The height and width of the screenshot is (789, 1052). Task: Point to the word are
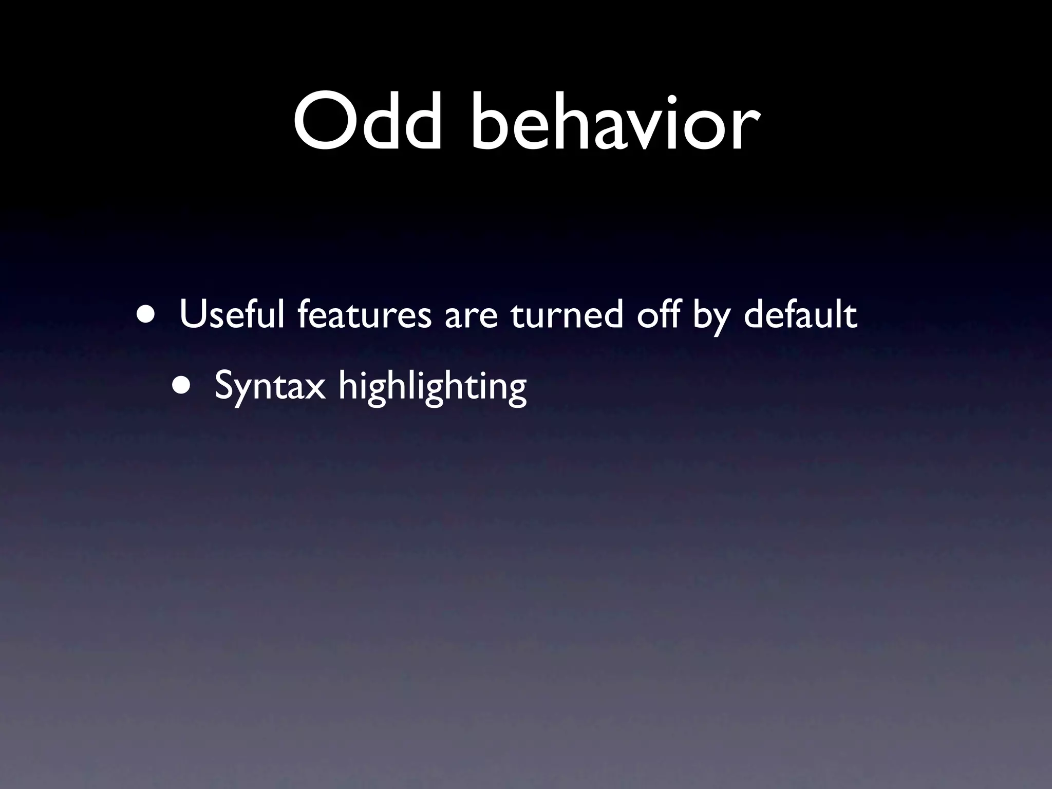click(x=471, y=317)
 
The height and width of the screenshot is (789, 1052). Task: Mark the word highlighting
click(x=432, y=386)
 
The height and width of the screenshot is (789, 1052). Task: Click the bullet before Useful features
click(x=147, y=314)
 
